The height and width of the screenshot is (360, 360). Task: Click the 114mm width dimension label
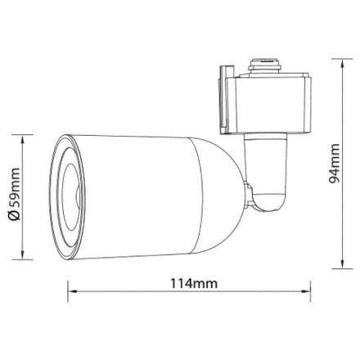click(x=194, y=284)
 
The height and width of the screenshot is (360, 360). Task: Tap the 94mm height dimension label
click(x=335, y=164)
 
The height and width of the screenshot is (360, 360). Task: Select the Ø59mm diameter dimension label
click(x=14, y=194)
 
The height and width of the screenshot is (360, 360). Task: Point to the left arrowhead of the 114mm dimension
click(x=72, y=291)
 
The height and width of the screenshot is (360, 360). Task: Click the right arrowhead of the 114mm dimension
click(x=306, y=291)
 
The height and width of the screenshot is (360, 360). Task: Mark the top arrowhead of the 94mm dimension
click(x=342, y=63)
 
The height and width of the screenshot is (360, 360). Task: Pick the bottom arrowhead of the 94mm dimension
click(x=342, y=264)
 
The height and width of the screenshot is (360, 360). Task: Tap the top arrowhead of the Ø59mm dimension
click(x=22, y=139)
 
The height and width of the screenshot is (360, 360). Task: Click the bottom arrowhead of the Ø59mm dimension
click(x=22, y=254)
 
